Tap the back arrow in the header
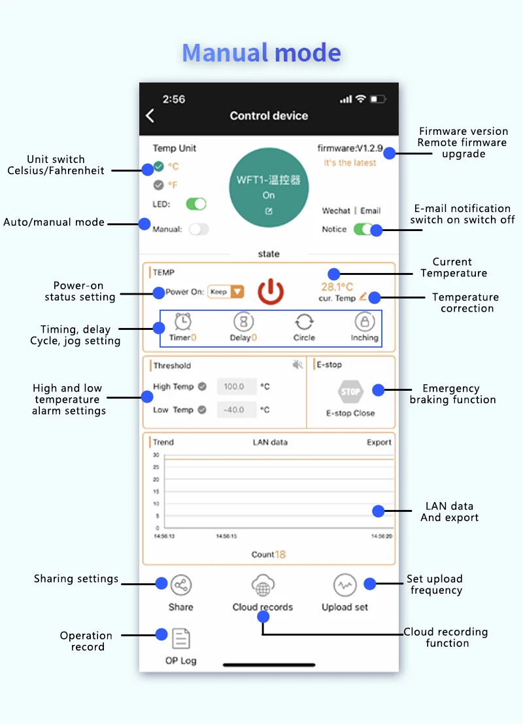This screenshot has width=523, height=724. (x=150, y=116)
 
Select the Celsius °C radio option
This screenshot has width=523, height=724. (x=159, y=166)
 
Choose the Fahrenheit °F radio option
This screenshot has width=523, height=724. (x=159, y=185)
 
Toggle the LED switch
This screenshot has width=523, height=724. (x=196, y=204)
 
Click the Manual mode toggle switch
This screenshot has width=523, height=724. (x=199, y=229)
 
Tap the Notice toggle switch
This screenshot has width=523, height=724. (x=363, y=229)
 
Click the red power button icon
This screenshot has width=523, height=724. (x=271, y=292)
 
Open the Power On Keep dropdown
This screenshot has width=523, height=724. (x=226, y=292)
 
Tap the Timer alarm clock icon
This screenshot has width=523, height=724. (x=183, y=322)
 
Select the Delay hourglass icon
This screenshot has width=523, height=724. (x=243, y=322)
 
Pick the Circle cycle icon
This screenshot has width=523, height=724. (x=304, y=322)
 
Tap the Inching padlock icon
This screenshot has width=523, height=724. (x=364, y=322)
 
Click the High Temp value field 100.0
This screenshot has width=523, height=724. (x=234, y=387)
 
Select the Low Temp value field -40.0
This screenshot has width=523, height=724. (x=234, y=410)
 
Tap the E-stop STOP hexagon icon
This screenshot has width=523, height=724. (x=350, y=392)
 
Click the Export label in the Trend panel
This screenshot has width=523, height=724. (x=379, y=443)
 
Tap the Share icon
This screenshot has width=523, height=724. (x=181, y=585)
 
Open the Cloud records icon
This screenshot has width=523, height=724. (x=263, y=585)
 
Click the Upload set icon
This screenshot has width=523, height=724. (x=345, y=585)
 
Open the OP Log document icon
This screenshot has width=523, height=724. (x=181, y=638)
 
